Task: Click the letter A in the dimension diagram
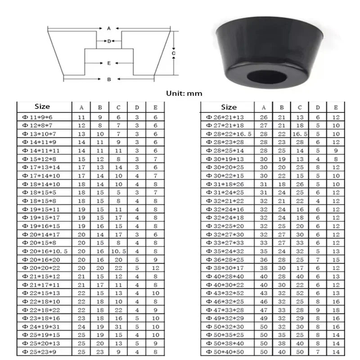coord(109,28)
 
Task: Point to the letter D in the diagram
coord(109,41)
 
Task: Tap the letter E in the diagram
coord(109,63)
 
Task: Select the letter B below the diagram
coord(109,79)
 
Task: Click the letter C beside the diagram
coord(174,53)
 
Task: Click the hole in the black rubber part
coord(267,77)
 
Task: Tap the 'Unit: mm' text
coord(184,94)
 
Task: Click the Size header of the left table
coord(42,107)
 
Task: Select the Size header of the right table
coord(229,107)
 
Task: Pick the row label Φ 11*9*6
coord(37,117)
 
